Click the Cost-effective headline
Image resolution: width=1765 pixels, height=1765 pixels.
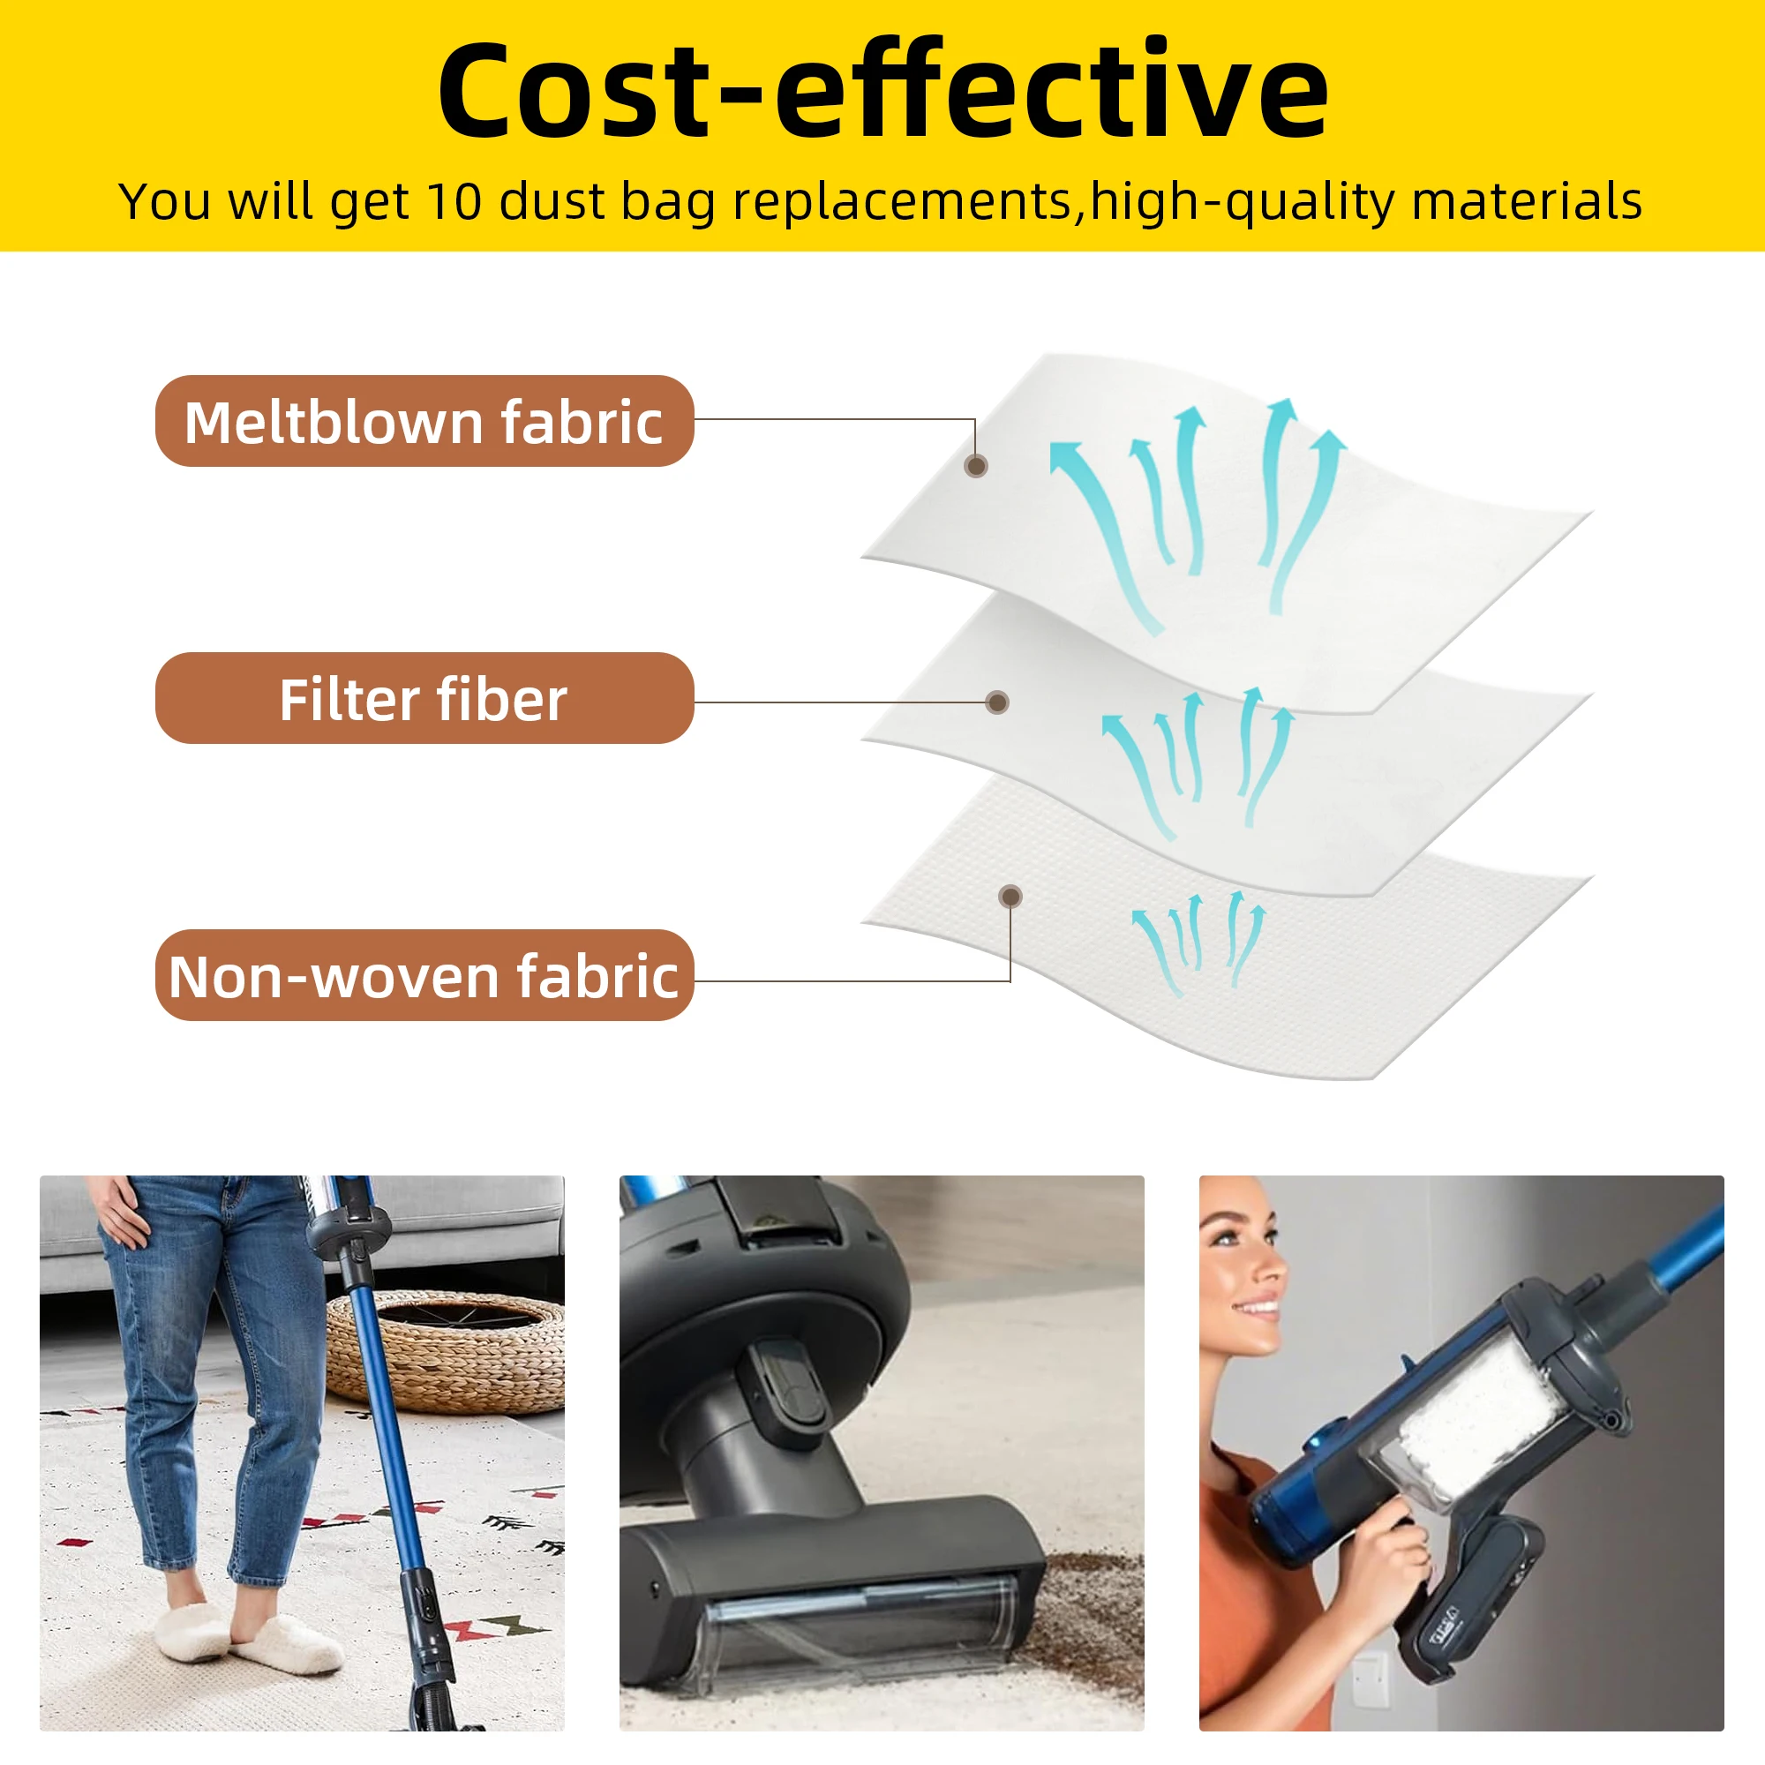882,92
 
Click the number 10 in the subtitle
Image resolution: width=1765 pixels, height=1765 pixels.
454,201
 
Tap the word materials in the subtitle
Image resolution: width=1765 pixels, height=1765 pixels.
1527,201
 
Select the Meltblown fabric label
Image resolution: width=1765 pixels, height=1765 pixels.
424,421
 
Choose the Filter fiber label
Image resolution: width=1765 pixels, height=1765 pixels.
424,699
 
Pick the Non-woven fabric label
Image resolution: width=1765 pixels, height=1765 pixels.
424,976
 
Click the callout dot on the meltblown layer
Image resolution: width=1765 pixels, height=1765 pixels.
976,467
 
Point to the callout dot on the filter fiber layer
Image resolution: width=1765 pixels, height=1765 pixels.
997,702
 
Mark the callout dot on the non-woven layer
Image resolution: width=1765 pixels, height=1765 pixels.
1010,897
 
